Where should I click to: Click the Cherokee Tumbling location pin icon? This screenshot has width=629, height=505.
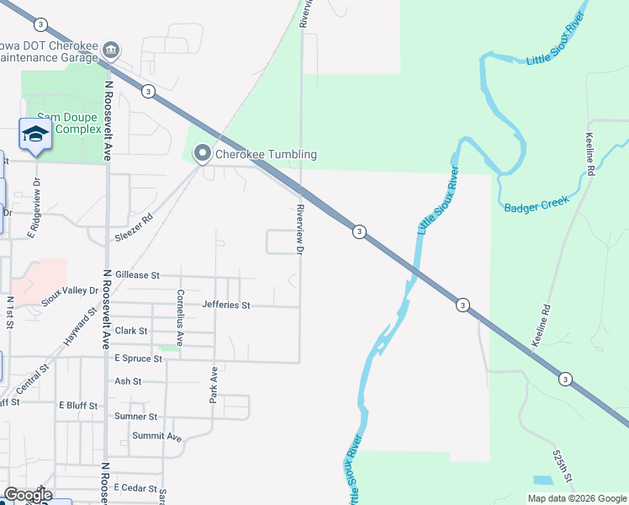coord(202,154)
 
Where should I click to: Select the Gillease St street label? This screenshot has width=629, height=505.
coord(137,275)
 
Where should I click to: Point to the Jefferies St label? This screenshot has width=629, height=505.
coord(226,305)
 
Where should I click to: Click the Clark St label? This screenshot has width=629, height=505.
coord(131,331)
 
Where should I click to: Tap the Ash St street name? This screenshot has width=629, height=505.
coord(128,381)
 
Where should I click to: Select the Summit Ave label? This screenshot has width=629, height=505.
coord(157,437)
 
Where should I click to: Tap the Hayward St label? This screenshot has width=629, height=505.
coord(81,327)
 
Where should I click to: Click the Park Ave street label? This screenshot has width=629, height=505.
coord(214,383)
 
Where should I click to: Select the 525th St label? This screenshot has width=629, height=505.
coord(563,465)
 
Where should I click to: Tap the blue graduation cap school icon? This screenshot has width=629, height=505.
coord(35,135)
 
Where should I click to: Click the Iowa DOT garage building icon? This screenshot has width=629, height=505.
coord(110,51)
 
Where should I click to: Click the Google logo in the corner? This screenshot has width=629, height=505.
coord(28,495)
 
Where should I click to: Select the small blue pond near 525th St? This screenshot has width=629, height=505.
coord(543,481)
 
